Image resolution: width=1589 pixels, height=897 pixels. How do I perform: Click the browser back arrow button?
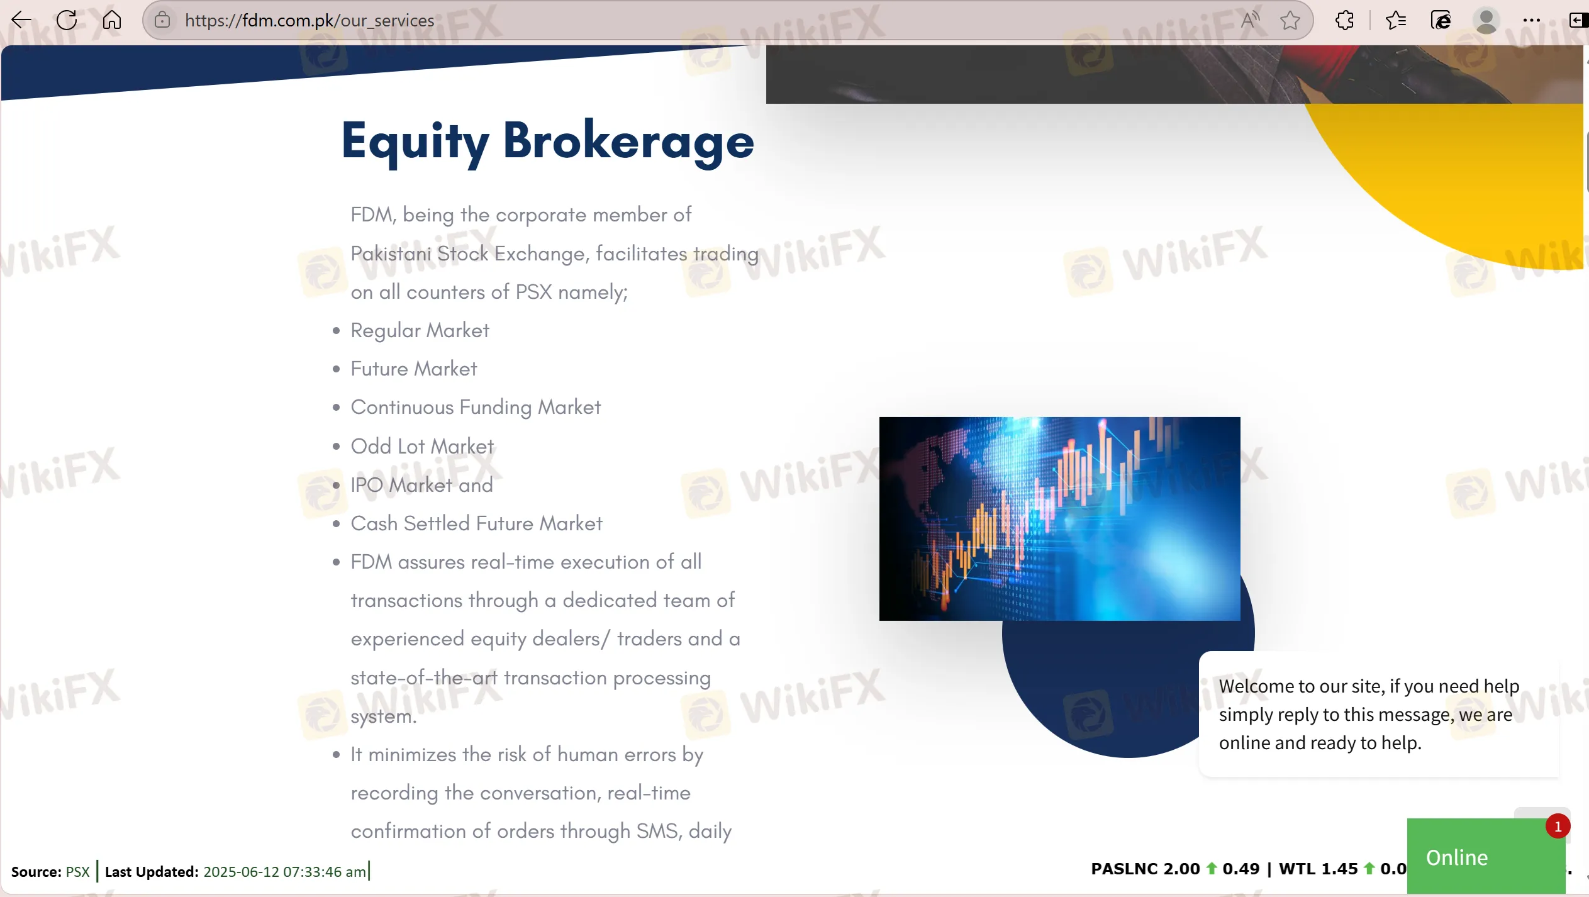coord(21,20)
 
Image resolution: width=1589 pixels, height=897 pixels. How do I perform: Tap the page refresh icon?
coord(67,20)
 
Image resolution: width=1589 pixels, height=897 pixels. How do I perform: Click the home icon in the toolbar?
coord(112,20)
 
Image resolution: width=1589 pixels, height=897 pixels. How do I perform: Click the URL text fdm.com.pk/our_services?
coord(309,20)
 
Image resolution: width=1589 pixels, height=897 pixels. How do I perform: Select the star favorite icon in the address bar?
coord(1290,20)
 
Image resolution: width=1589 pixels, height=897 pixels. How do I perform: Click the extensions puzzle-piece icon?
coord(1344,20)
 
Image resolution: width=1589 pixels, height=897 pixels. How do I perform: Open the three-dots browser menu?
coord(1532,20)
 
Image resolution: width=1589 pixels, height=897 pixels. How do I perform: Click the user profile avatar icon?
coord(1486,20)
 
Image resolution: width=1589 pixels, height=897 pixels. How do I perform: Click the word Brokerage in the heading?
coord(628,142)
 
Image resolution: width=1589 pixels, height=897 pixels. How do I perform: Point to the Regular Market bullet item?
coord(420,331)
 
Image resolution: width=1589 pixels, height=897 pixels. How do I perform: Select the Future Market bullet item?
coord(414,369)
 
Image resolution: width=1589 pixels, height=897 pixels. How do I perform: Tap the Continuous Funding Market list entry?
coord(476,408)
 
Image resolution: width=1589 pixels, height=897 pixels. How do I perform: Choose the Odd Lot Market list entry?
coord(422,447)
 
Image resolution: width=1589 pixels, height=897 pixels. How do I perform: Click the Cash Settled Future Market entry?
coord(476,524)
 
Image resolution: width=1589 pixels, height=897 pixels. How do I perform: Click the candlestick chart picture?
coord(1059,519)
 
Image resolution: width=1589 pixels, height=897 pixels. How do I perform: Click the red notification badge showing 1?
coord(1558,827)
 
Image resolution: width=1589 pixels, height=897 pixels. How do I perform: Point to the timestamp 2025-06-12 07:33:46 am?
coord(284,872)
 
